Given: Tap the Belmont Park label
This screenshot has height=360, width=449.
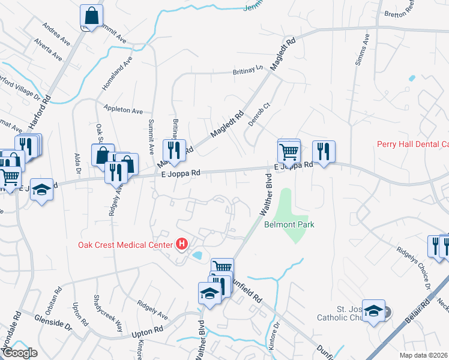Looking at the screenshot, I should coord(289,224).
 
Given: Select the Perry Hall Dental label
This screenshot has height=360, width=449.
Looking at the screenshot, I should coord(412,144).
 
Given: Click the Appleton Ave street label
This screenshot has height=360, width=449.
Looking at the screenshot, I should coord(123,110).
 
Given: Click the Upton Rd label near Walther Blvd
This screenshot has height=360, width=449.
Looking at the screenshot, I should coord(148,330).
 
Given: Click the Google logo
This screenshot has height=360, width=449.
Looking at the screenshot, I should coord(19,353).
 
